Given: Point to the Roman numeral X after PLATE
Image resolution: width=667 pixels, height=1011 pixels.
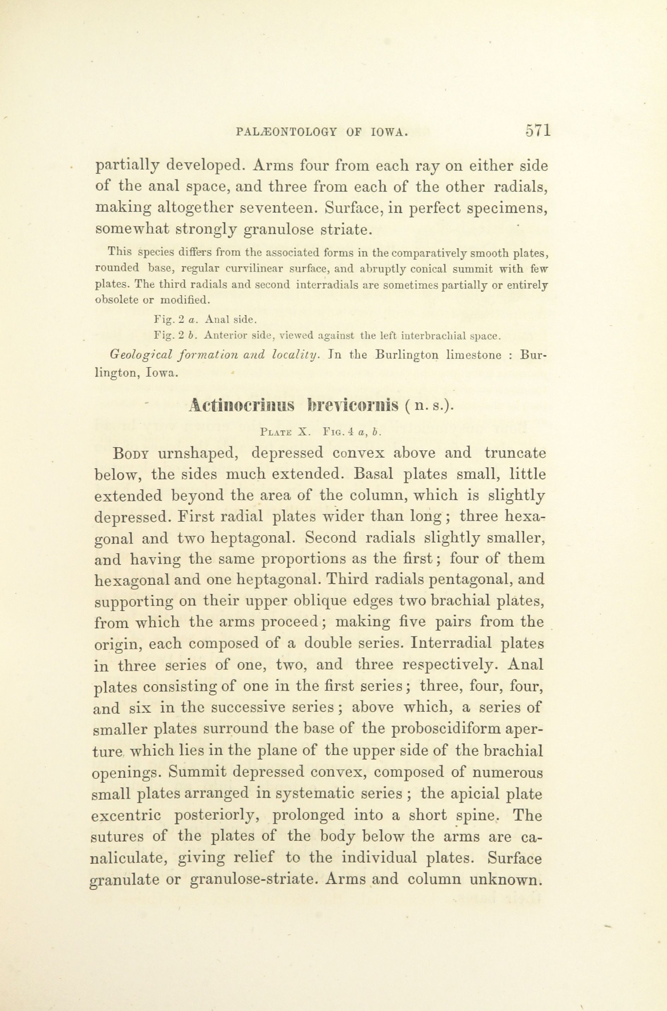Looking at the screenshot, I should (x=303, y=432).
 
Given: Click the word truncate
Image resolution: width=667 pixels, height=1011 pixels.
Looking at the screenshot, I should (x=515, y=453).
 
